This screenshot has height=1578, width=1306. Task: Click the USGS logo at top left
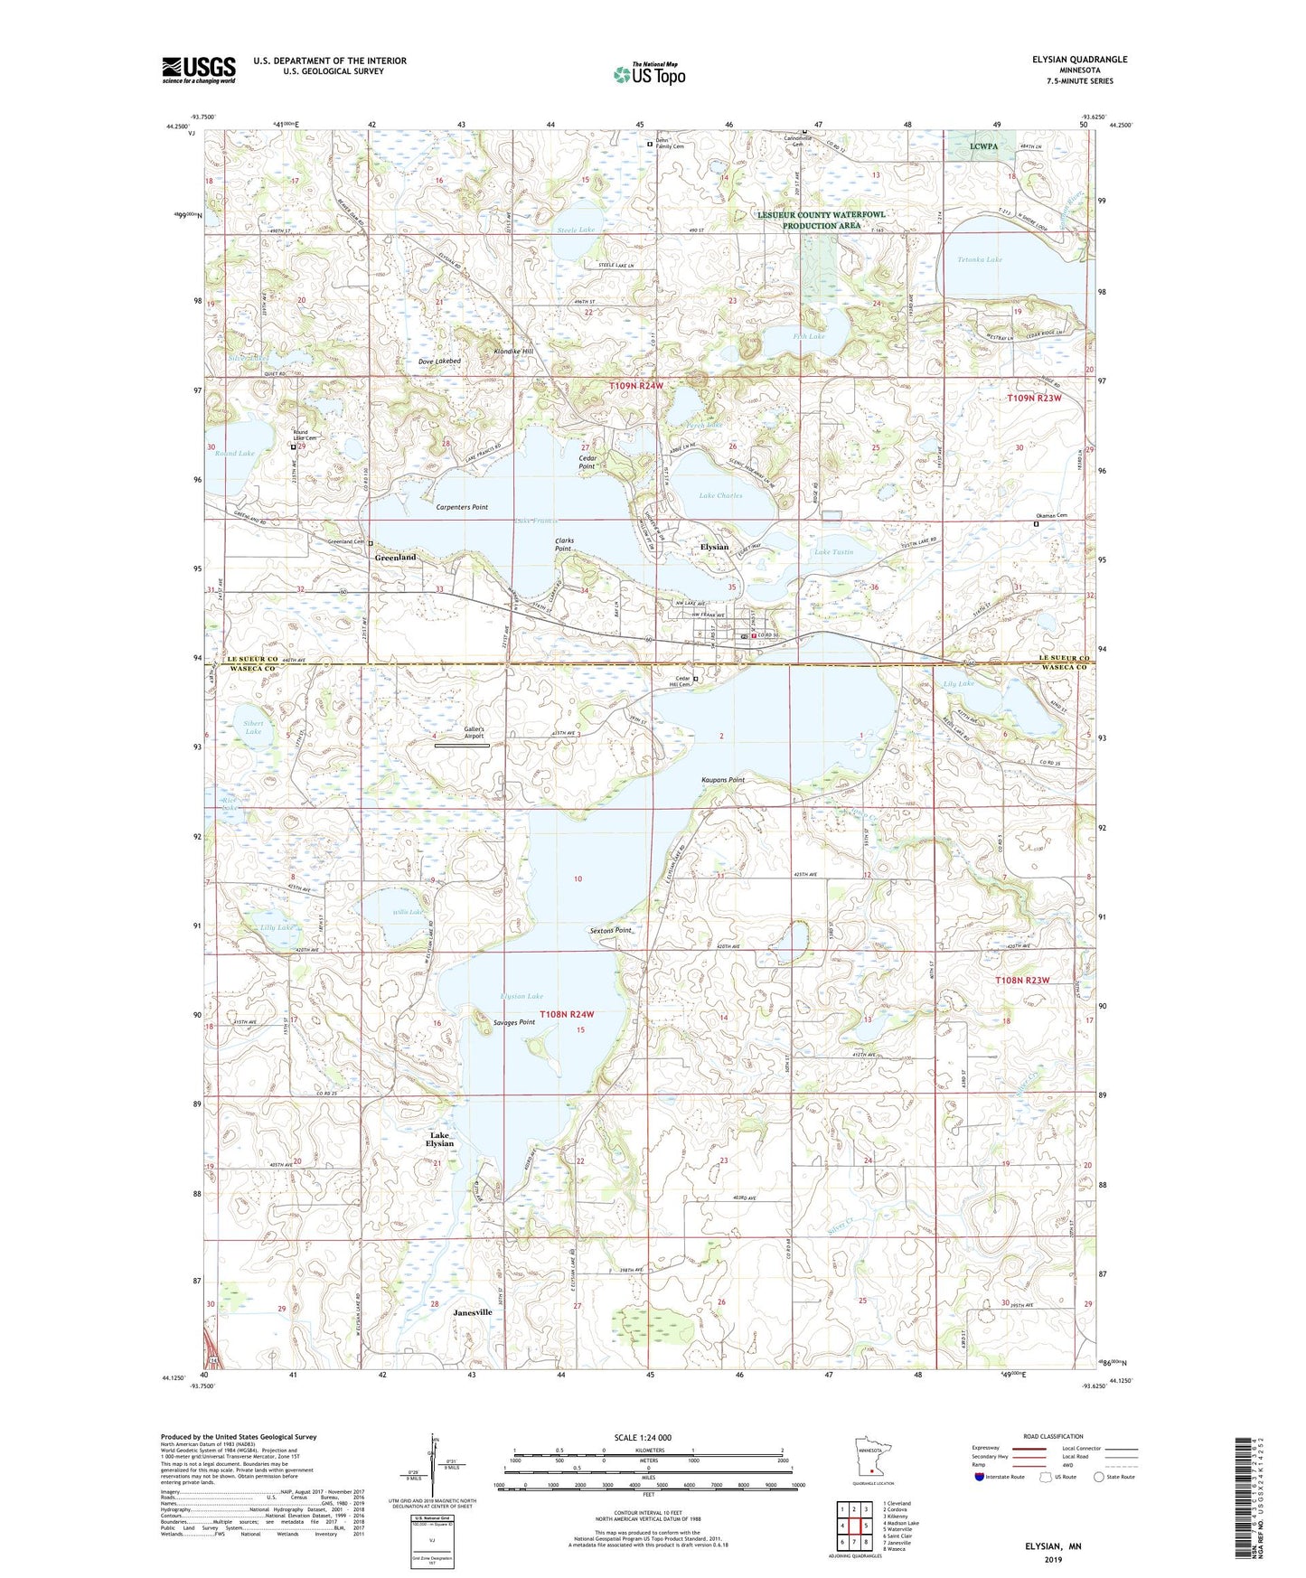point(199,70)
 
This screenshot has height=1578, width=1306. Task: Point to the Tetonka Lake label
point(980,259)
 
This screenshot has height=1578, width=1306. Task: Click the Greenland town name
point(395,558)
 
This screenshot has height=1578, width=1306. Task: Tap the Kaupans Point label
point(722,780)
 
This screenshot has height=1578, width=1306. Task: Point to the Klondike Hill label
point(514,352)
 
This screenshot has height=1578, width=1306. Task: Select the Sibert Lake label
point(253,727)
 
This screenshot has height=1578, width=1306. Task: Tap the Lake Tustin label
point(833,551)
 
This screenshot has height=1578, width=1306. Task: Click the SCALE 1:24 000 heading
point(643,1438)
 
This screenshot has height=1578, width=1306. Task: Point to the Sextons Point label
point(610,930)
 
